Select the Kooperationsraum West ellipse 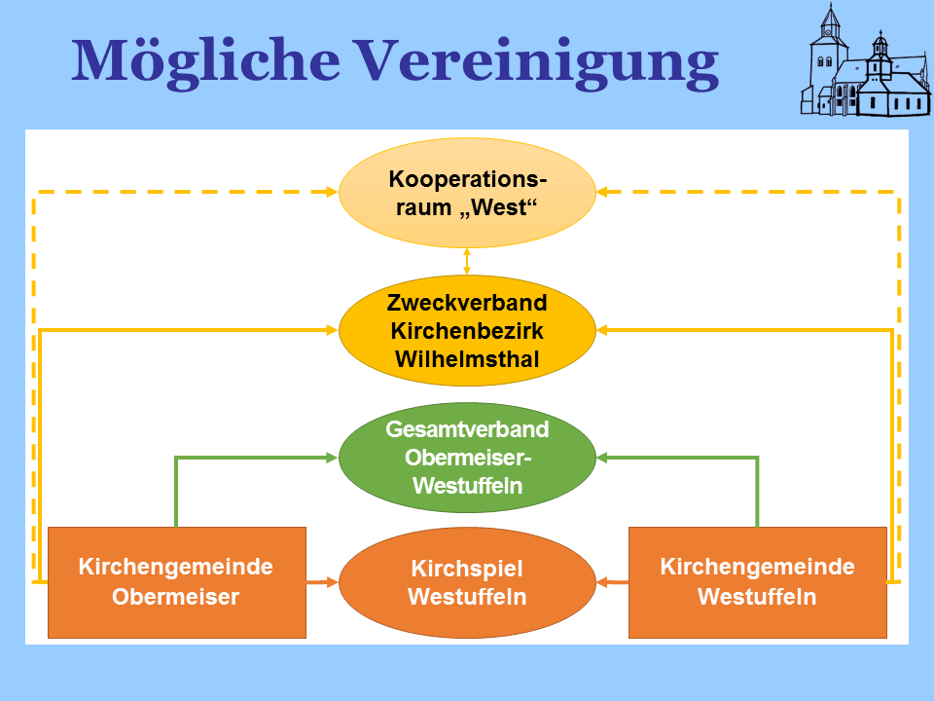(467, 193)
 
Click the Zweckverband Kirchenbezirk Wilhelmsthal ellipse (467, 331)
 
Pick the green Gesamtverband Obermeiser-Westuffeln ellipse (467, 457)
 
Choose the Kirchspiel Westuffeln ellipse (467, 582)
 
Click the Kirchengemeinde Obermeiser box (176, 582)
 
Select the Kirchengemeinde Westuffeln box (757, 582)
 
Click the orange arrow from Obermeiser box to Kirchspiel (323, 582)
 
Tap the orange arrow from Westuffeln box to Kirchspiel (611, 582)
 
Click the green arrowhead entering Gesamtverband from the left (332, 457)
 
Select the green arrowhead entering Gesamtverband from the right (602, 457)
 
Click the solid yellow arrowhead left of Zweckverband (332, 331)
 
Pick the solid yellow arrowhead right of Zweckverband (602, 331)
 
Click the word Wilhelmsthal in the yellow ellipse (467, 358)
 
